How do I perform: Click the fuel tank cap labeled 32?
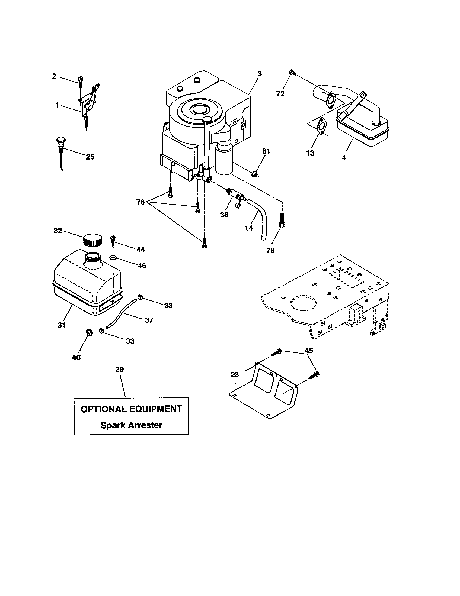pos(92,239)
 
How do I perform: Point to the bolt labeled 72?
pos(292,73)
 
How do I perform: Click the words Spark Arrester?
pos(131,425)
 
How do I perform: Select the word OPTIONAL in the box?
pos(104,409)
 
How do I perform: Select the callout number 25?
pos(90,157)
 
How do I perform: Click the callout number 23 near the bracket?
pos(235,375)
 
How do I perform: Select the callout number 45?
pos(309,351)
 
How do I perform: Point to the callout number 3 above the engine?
pos(260,74)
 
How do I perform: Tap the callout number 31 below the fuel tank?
pos(62,325)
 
